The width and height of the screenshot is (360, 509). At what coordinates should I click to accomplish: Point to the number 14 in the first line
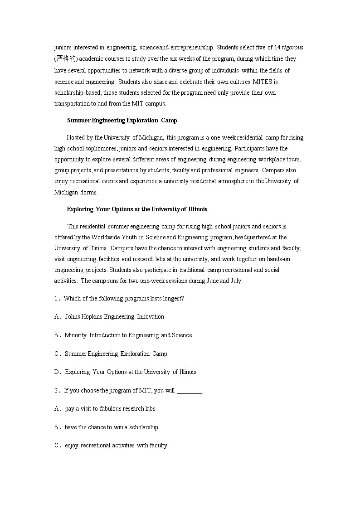click(277, 48)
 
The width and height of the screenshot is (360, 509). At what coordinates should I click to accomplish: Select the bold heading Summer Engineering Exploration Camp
click(122, 121)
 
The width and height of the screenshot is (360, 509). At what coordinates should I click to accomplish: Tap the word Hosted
click(76, 138)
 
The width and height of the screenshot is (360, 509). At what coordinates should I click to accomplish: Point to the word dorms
click(89, 192)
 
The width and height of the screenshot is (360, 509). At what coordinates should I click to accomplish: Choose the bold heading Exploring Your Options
click(137, 209)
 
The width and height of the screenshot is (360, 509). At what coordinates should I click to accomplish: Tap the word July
click(236, 281)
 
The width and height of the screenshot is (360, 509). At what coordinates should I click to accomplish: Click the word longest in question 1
click(174, 299)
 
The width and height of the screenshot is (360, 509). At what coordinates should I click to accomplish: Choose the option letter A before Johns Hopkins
click(57, 317)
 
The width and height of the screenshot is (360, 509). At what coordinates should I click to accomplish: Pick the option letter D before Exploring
click(57, 372)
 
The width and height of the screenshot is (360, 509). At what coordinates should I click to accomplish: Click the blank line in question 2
click(189, 391)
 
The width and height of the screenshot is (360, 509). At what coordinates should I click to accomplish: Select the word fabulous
click(112, 409)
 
